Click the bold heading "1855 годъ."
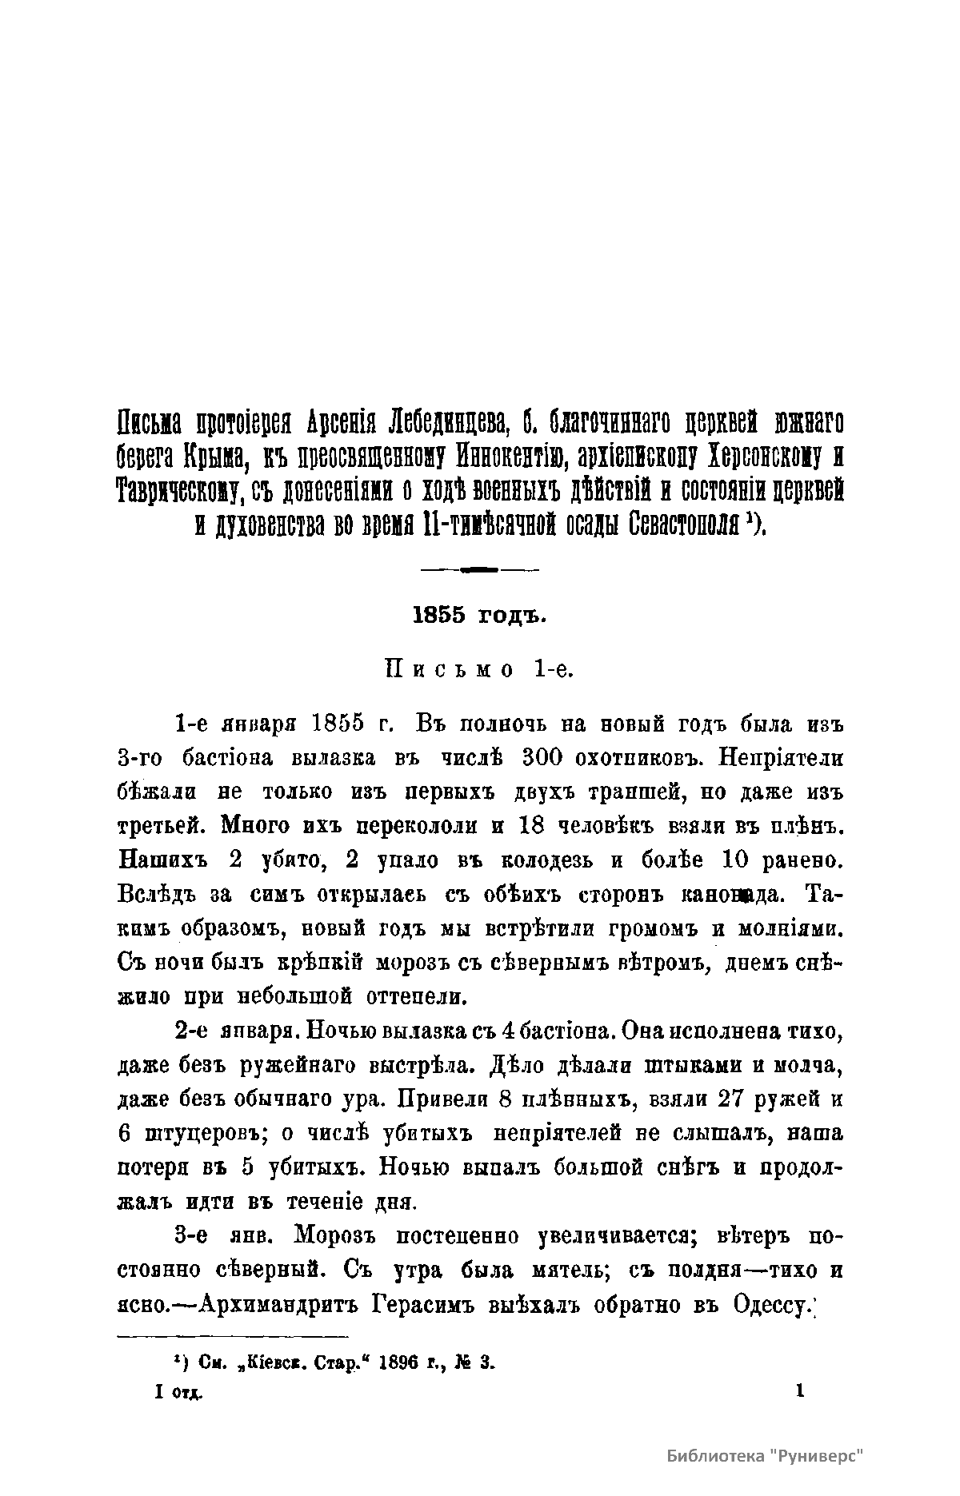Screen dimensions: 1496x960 tap(478, 616)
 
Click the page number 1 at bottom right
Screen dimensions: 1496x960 tap(799, 1391)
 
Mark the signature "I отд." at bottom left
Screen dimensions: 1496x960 tap(178, 1392)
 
